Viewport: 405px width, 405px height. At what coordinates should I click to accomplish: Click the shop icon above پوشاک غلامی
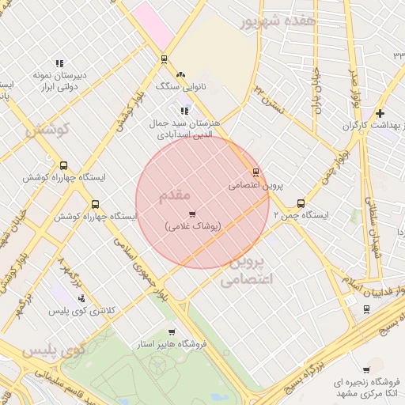(x=192, y=214)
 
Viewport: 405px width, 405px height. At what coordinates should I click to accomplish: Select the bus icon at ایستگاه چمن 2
(x=300, y=203)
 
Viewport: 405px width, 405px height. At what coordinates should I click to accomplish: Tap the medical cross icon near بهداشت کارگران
(x=380, y=113)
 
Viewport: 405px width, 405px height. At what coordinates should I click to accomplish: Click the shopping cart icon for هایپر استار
(x=172, y=332)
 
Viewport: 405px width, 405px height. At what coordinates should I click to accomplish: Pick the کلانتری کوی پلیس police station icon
(x=81, y=299)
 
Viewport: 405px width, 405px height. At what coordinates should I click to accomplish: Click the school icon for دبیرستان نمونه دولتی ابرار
(x=59, y=63)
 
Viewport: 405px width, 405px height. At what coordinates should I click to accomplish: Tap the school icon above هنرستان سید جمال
(x=185, y=112)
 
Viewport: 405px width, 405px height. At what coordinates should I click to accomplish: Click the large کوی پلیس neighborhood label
(x=53, y=350)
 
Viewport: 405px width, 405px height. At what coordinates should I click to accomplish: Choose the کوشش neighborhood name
(x=47, y=128)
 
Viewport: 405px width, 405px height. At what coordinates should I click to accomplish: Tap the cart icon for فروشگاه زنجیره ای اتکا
(x=365, y=370)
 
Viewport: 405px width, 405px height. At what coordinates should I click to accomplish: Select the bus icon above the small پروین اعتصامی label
(x=255, y=172)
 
